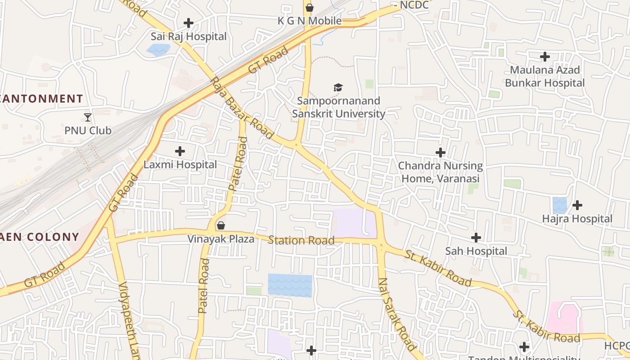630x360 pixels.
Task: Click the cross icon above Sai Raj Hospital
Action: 189,22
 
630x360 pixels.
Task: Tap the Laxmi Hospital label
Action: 180,165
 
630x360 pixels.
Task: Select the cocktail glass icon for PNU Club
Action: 88,117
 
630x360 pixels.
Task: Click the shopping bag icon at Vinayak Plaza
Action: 221,225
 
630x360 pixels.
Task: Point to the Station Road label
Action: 301,240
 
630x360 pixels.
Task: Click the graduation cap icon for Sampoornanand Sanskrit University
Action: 338,87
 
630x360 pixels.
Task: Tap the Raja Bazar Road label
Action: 242,108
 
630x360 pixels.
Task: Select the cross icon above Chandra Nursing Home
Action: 441,152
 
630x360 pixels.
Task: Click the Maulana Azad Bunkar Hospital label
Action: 544,76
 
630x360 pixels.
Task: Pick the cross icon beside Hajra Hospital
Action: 577,205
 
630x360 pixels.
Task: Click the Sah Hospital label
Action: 476,251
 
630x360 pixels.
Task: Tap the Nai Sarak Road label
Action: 396,314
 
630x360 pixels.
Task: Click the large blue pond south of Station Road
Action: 290,285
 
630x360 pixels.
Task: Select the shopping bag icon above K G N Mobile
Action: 309,8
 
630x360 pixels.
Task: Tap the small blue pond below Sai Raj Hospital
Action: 158,49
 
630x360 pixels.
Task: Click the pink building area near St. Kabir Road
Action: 564,317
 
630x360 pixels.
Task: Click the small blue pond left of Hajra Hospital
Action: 560,205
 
